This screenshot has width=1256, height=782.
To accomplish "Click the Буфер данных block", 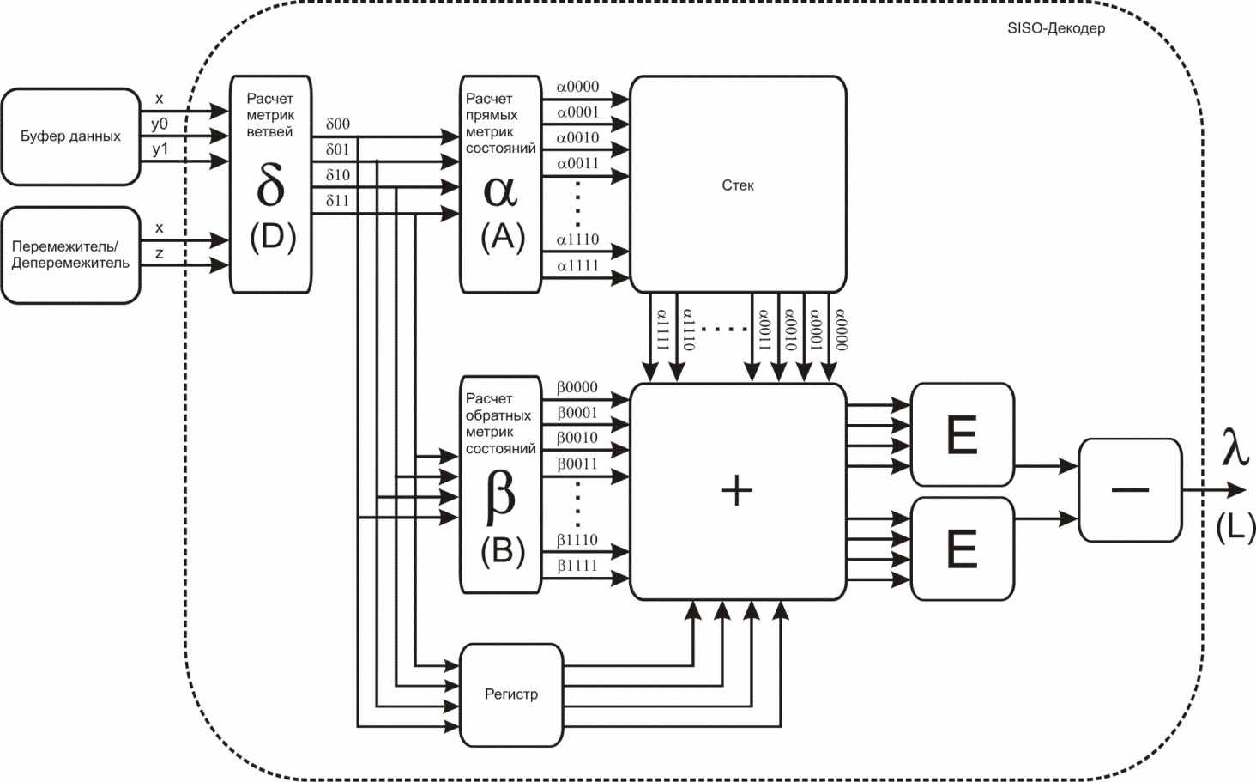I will pos(70,136).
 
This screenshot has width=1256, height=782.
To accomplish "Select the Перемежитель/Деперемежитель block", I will pos(70,254).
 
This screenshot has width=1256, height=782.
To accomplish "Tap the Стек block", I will pos(738,185).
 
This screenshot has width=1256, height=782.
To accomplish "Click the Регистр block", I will pos(511,694).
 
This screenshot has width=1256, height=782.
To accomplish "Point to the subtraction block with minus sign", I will pos(1129,489).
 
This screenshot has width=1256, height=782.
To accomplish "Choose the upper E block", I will pos(961,434).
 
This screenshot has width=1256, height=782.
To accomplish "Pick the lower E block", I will pos(961,549).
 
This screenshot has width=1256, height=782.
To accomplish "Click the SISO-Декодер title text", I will pos(1056,28).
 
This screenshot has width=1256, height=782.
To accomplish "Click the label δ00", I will pos(338,124).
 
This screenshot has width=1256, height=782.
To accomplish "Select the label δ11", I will pos(338,201).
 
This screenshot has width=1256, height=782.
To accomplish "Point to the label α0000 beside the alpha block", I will pos(577,87).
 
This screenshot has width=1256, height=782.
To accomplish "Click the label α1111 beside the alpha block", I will pos(577,265).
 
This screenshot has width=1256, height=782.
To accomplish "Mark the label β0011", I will pos(577,464).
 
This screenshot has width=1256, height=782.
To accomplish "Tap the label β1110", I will pos(577,540).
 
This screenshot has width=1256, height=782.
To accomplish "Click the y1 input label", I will pos(160,149).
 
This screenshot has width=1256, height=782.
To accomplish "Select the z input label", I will pos(159,254).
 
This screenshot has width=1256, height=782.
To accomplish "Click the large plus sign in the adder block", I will pos(737,491).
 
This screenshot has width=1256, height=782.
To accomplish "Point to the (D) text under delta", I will pos(272,237).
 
